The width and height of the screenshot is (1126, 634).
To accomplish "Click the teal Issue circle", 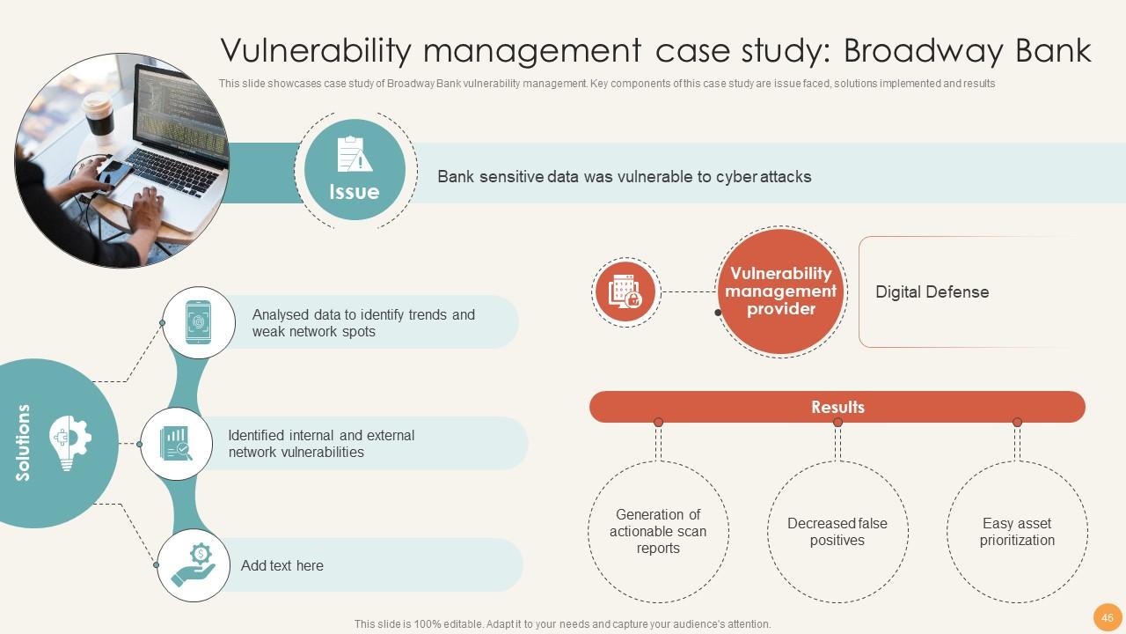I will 355,171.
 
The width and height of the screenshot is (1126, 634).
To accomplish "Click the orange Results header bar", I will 837,407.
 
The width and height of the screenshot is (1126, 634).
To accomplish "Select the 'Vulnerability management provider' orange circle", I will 780,291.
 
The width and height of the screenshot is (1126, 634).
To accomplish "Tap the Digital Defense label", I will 932,292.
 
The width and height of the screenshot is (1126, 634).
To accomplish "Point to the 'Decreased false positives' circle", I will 837,532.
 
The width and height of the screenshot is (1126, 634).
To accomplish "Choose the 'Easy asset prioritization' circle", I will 1016,532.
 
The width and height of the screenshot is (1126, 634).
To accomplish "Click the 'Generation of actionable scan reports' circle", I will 657,532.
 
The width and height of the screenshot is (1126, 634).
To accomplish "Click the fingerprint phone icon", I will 199,322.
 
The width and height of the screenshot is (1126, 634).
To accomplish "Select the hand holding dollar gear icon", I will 194,565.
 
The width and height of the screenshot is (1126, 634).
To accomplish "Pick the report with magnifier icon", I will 176,444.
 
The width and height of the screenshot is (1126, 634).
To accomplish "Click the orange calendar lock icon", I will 625,292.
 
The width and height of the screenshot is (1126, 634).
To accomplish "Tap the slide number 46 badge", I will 1107,617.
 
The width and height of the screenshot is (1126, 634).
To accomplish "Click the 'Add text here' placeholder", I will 282,565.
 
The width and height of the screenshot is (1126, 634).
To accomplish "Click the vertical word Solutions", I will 23,443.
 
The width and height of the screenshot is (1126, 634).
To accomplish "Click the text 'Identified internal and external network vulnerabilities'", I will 321,444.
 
